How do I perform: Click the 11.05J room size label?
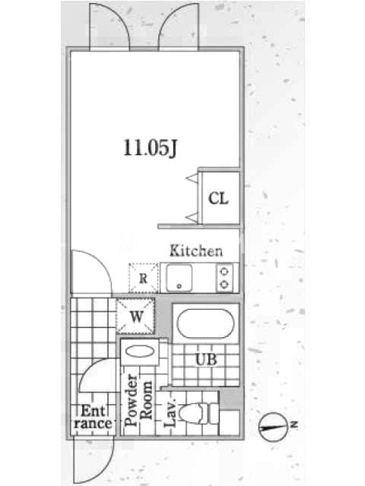[150, 148]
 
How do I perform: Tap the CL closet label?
[218, 198]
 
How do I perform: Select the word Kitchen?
[196, 251]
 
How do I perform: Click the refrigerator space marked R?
[143, 278]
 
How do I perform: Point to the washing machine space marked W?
[136, 316]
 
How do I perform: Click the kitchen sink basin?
[179, 278]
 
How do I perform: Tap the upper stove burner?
[224, 272]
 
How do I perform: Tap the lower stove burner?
[224, 284]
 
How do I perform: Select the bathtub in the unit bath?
[206, 324]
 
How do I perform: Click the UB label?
[206, 360]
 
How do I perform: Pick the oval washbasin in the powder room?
[140, 352]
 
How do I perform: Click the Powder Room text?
[139, 400]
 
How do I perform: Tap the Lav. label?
[170, 412]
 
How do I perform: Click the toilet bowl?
[192, 414]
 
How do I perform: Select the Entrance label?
[92, 417]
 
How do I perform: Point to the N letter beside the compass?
[294, 424]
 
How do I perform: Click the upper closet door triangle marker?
[193, 178]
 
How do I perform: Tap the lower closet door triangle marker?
[192, 217]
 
